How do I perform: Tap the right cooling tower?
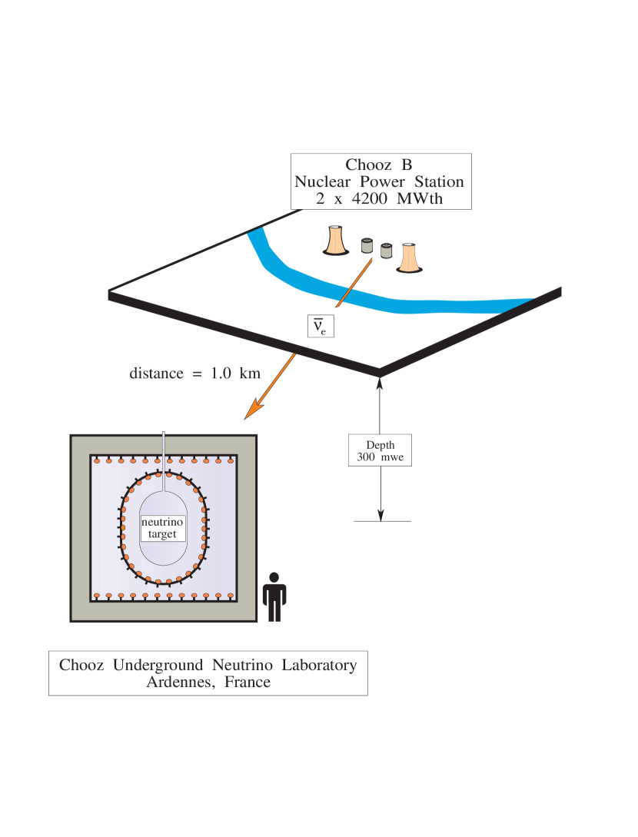[408, 257]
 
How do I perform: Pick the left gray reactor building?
[367, 246]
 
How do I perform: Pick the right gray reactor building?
[385, 251]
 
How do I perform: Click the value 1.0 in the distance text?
[222, 374]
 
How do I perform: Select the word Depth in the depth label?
[380, 445]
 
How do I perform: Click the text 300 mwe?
[380, 457]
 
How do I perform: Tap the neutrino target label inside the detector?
[162, 528]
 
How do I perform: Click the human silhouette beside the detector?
[274, 596]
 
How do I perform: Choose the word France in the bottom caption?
[248, 682]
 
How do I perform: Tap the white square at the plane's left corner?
[101, 296]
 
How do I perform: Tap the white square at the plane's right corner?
[572, 293]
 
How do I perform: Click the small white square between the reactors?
[376, 258]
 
